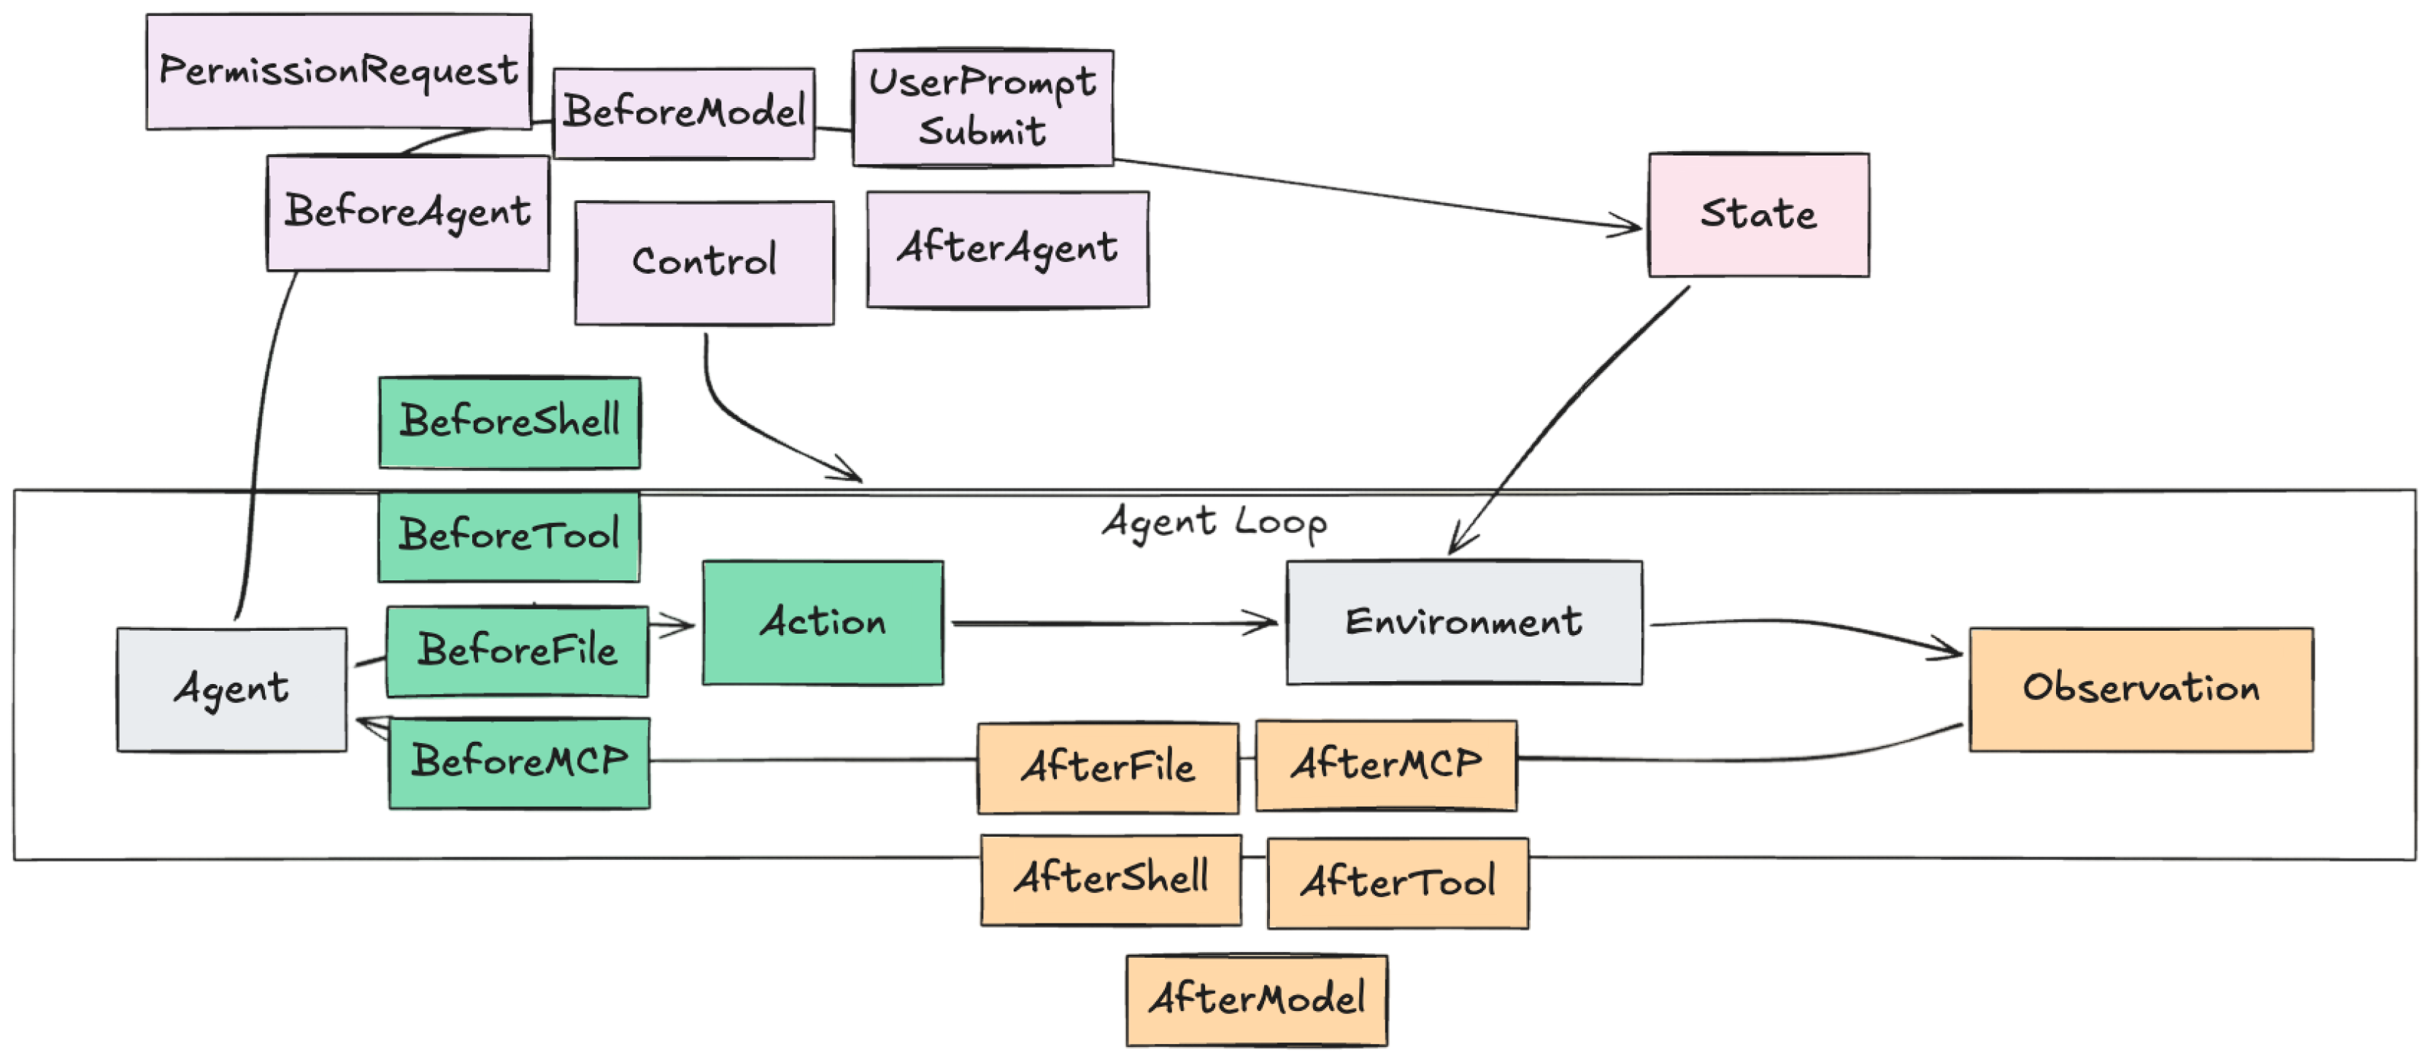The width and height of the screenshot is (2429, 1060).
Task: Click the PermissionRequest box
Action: coord(339,72)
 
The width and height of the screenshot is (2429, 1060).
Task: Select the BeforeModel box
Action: coord(684,113)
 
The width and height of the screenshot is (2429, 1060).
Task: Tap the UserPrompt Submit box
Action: coord(982,107)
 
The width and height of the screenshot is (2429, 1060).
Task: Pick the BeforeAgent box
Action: coord(407,213)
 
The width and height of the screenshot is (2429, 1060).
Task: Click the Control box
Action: coord(704,263)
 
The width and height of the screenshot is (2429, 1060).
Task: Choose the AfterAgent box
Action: coord(1007,250)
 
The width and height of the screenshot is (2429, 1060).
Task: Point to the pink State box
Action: coord(1758,215)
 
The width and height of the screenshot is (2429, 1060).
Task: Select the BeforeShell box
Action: coord(509,423)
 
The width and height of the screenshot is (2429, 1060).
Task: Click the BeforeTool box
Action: coord(509,536)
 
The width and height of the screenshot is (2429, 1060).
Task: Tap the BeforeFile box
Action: coord(517,652)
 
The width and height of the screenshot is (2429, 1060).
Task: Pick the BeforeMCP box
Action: coord(519,763)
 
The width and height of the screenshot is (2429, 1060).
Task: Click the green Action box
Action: coord(823,623)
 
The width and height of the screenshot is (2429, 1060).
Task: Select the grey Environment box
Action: coord(1463,623)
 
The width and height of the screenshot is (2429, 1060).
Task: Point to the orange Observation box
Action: coord(2141,689)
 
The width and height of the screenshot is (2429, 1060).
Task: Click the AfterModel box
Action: coord(1256,1001)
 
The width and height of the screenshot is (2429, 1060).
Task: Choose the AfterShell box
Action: coord(1110,880)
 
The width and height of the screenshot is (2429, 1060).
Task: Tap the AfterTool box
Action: coord(1398,883)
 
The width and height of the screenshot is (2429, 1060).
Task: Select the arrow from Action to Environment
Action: coord(1112,623)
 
